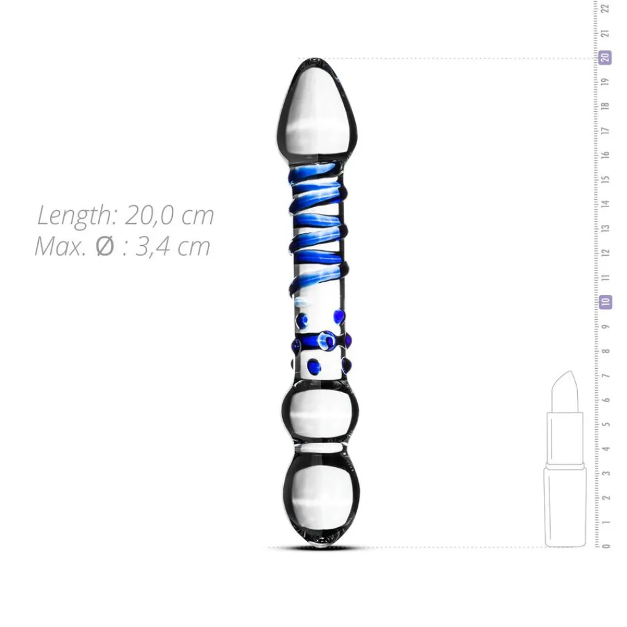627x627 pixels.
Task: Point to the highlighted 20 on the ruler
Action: point(606,58)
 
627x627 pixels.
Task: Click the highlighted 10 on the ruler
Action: point(606,301)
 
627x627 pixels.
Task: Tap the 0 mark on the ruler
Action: point(606,546)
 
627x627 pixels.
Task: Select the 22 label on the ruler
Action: point(606,9)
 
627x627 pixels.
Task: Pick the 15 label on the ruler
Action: point(606,179)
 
